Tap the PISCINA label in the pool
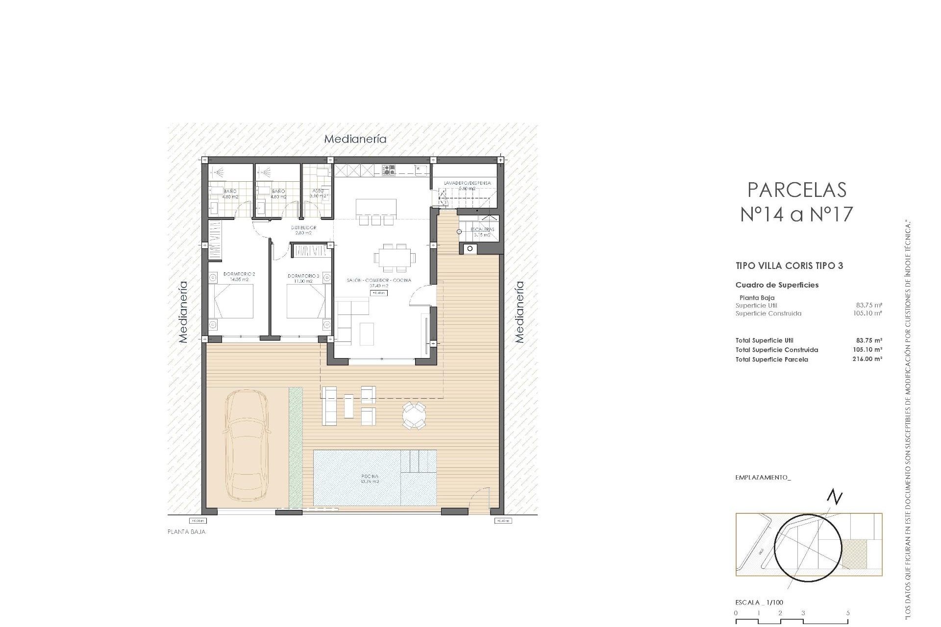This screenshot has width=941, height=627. coord(370,476)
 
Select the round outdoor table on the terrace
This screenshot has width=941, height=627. coord(414,416)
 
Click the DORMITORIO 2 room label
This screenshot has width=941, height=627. coord(239,274)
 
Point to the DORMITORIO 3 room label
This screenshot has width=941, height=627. coord(303,276)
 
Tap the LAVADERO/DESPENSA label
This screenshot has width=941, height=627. coord(467,183)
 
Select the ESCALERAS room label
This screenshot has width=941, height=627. coord(482,229)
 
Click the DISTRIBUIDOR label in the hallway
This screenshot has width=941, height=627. coord(304,228)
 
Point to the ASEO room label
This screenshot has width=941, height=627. coord(318,191)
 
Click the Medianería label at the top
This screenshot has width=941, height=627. coord(355,139)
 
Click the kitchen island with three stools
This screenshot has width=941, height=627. coord(376,207)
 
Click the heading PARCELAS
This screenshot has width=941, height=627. coord(797,190)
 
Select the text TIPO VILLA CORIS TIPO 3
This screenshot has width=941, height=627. coord(789,266)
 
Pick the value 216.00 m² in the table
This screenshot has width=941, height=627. coord(867,359)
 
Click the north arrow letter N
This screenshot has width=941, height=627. coord(835,498)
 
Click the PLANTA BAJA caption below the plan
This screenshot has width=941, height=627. coord(187,531)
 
